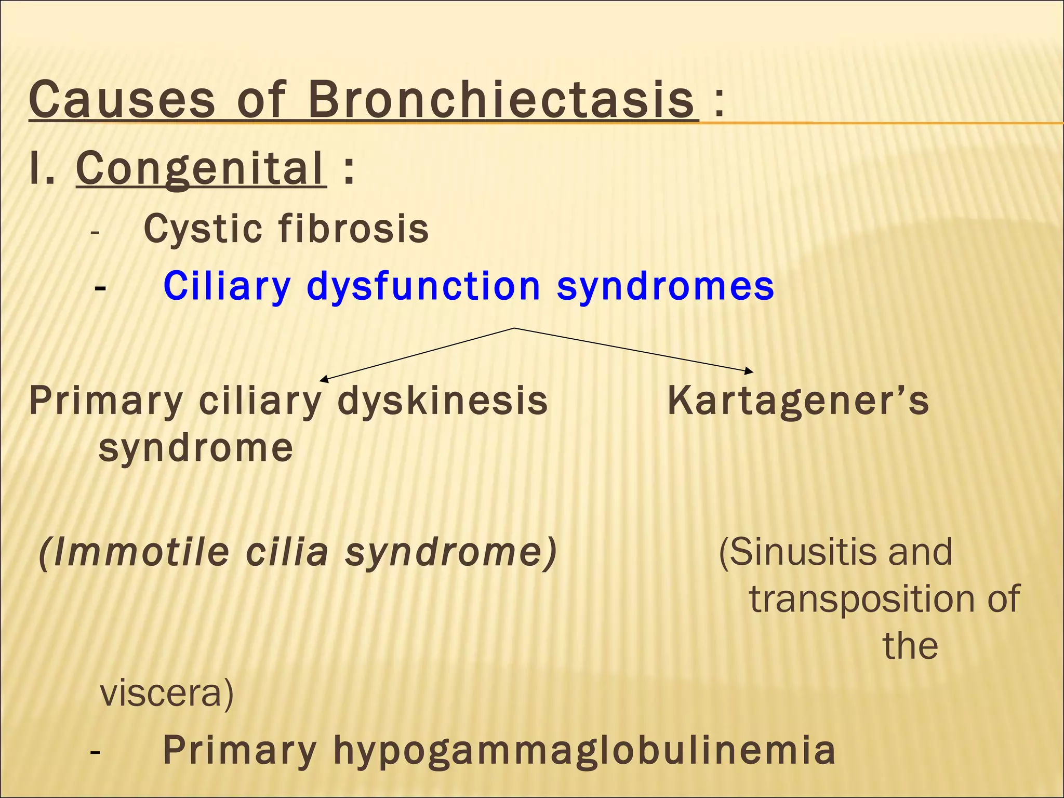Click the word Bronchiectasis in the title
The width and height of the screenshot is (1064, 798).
pyautogui.click(x=501, y=100)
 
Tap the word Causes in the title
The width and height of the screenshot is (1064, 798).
pyautogui.click(x=122, y=100)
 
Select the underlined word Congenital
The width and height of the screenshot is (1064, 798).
pyautogui.click(x=201, y=168)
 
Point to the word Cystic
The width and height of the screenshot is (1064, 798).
pyautogui.click(x=203, y=229)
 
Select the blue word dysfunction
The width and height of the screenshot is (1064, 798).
pyautogui.click(x=423, y=286)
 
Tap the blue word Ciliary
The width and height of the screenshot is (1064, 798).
pyautogui.click(x=227, y=286)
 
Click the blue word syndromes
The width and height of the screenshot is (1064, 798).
pyautogui.click(x=665, y=287)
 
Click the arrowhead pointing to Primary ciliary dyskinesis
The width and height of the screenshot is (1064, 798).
pyautogui.click(x=323, y=379)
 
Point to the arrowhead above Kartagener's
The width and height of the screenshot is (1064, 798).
pyautogui.click(x=749, y=371)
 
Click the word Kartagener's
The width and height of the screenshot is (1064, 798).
pyautogui.click(x=797, y=401)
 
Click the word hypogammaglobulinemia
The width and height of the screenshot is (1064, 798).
pyautogui.click(x=584, y=750)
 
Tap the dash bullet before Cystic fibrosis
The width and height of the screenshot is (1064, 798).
pyautogui.click(x=94, y=232)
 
